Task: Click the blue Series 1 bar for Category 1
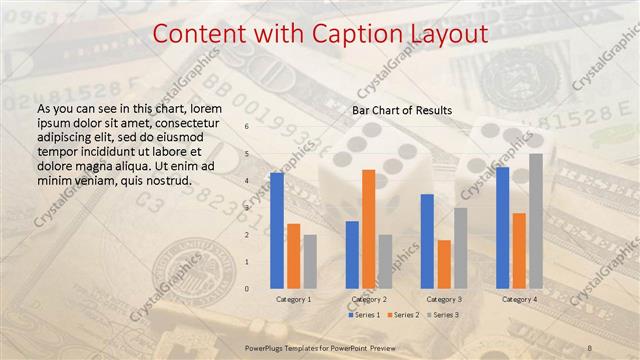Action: click(277, 230)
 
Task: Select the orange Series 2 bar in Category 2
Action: click(369, 229)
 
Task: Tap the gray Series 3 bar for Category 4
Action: click(536, 221)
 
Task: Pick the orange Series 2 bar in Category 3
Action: click(444, 264)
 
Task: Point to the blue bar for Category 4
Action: click(503, 228)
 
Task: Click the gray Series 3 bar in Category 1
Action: click(310, 261)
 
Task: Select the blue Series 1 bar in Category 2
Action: click(352, 254)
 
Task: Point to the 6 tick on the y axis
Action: click(246, 127)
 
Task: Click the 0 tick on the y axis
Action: click(246, 288)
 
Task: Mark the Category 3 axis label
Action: click(444, 299)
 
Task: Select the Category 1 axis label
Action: click(293, 299)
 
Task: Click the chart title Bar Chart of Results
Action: click(402, 109)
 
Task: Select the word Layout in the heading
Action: click(447, 34)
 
